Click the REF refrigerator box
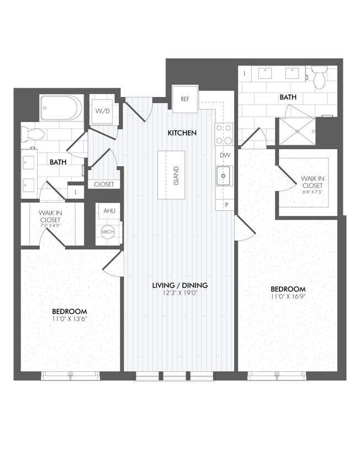(x=185, y=99)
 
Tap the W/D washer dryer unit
(x=102, y=111)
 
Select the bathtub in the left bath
(x=61, y=108)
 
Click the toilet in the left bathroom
(x=33, y=133)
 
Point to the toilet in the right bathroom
(x=320, y=77)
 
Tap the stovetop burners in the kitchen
(x=224, y=133)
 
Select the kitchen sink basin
(x=224, y=177)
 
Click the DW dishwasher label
(x=225, y=156)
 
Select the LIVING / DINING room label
(x=180, y=285)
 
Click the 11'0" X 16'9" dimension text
(x=288, y=297)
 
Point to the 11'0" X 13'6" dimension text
(x=70, y=319)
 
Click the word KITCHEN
(x=182, y=133)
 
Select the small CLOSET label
(x=104, y=184)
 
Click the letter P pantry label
(x=225, y=205)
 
